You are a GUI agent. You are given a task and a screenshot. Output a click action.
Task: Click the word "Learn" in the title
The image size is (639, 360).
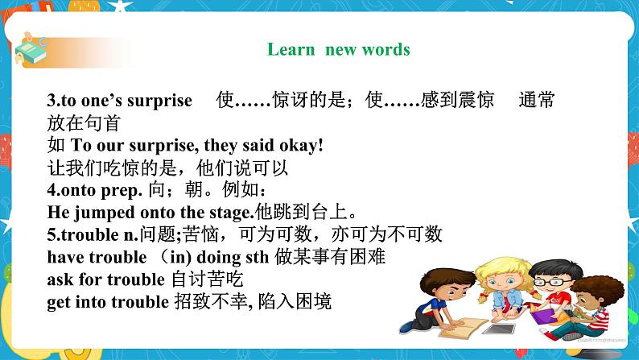tap(291, 50)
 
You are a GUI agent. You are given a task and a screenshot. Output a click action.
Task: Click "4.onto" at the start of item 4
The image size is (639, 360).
tap(73, 191)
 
